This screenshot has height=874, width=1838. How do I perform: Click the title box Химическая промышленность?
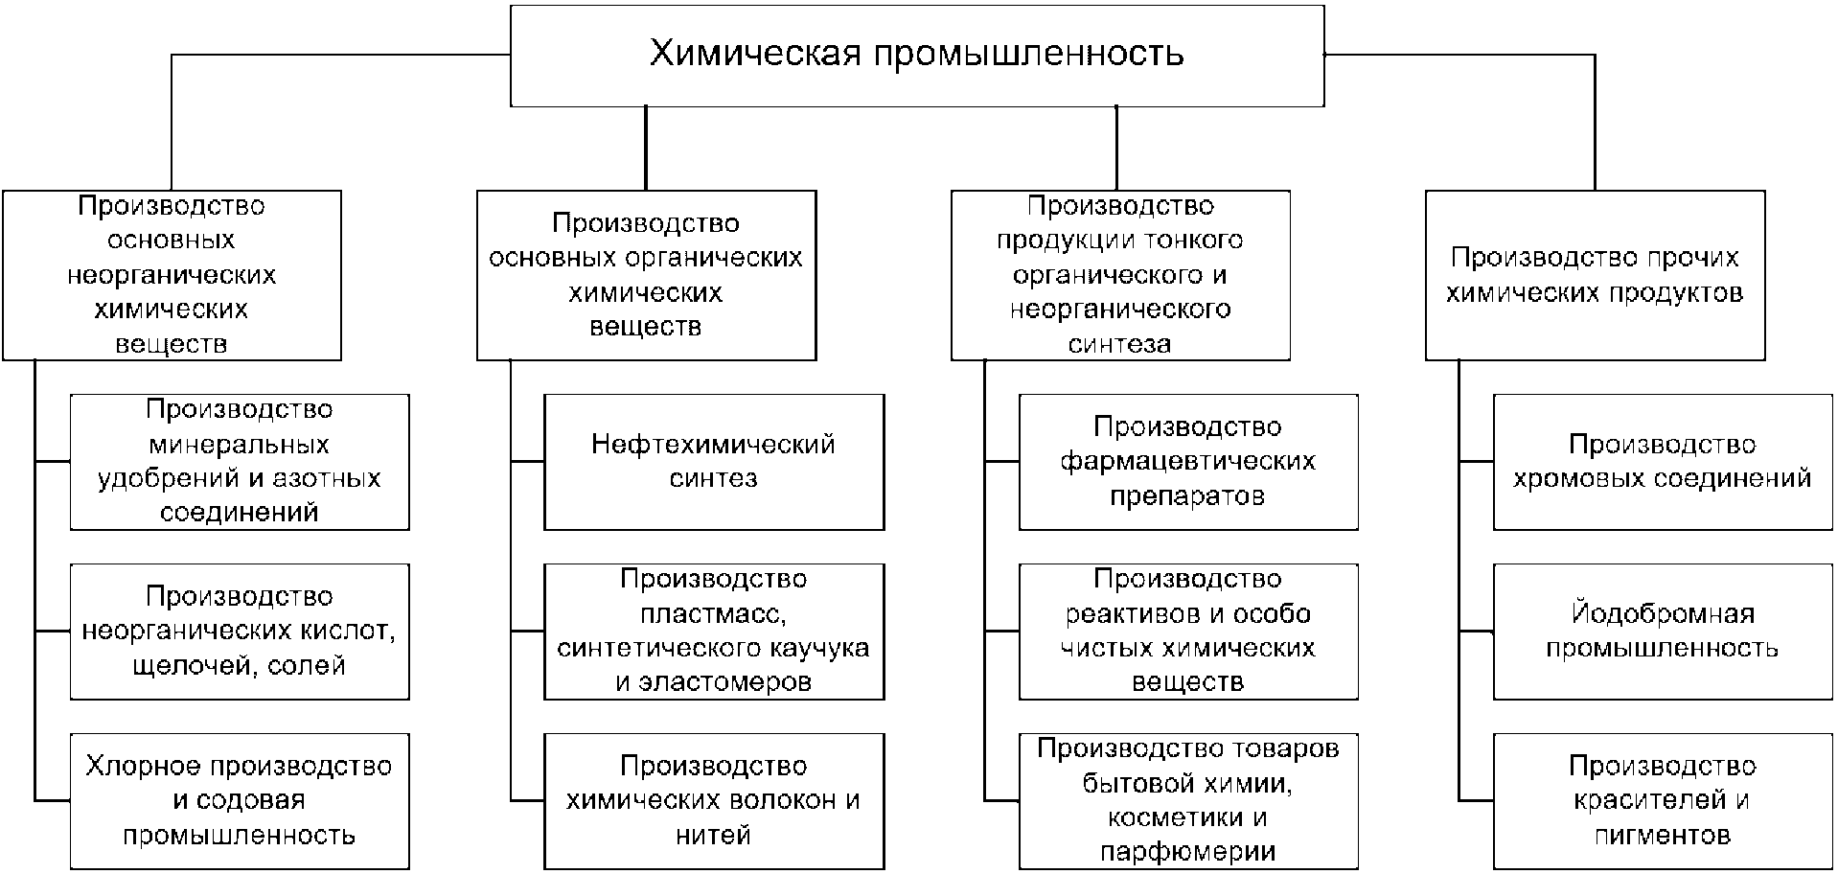(x=917, y=56)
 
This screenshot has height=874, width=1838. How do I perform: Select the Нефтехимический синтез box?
(x=714, y=462)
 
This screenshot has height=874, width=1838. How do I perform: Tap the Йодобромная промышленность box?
(x=1662, y=631)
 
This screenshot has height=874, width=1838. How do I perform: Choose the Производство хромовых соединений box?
(x=1662, y=462)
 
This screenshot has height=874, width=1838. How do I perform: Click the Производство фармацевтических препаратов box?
(x=1188, y=462)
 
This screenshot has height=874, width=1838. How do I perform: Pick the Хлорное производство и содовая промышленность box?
(x=240, y=801)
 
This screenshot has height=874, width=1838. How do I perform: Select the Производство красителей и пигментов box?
(x=1662, y=801)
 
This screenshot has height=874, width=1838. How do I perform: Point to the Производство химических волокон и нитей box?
(x=714, y=801)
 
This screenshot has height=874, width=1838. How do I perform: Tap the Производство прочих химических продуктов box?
(x=1595, y=275)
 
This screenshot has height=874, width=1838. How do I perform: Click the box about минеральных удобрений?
(x=240, y=462)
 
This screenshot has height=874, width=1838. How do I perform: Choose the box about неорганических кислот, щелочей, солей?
(x=240, y=631)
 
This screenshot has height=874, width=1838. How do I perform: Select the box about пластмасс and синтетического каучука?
(x=714, y=631)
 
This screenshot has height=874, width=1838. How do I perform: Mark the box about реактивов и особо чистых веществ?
(x=1188, y=631)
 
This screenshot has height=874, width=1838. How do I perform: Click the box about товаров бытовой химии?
(x=1188, y=801)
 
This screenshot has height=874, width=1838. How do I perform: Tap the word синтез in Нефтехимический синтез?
(x=714, y=478)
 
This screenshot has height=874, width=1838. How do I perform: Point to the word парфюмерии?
(x=1188, y=852)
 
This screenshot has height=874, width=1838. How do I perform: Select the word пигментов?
(x=1662, y=836)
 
